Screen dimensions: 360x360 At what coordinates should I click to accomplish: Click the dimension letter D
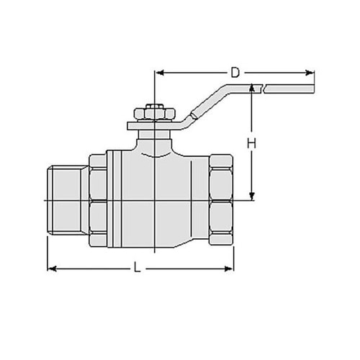(x=235, y=73)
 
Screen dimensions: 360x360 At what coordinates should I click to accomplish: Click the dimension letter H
(x=251, y=143)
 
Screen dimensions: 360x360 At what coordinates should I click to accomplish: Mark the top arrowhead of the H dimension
(x=251, y=89)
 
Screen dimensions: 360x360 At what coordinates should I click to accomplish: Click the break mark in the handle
(x=264, y=89)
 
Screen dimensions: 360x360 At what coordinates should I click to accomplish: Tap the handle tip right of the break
(x=292, y=89)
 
